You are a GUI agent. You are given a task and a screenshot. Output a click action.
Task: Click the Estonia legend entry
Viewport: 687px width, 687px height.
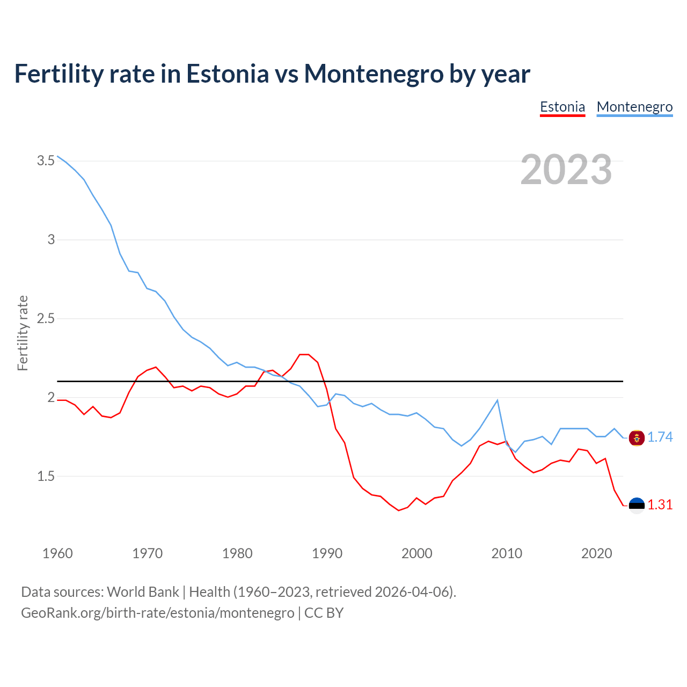(x=562, y=107)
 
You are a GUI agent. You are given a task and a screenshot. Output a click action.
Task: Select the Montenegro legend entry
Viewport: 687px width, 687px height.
(x=634, y=107)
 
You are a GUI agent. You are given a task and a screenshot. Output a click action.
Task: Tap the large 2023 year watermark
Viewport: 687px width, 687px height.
(x=566, y=170)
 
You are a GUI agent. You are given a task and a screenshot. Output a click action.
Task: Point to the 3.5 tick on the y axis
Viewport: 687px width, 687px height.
(x=46, y=160)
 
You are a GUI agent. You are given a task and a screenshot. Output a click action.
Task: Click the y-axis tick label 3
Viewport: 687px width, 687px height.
(x=52, y=239)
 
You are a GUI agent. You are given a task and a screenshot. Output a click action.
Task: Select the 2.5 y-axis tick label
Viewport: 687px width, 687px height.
(x=46, y=318)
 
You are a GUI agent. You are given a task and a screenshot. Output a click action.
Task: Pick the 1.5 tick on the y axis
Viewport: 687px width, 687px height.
(x=46, y=476)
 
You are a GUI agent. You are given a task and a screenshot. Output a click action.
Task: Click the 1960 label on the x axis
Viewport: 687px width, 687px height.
(x=57, y=553)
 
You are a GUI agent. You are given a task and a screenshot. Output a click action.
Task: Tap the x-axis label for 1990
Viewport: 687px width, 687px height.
(x=327, y=553)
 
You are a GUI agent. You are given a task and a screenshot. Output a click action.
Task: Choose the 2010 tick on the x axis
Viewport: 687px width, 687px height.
(x=507, y=553)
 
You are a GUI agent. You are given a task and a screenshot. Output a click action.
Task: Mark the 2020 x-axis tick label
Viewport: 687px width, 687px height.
(x=596, y=553)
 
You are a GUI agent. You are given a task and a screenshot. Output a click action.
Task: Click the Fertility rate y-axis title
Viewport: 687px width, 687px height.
(x=23, y=333)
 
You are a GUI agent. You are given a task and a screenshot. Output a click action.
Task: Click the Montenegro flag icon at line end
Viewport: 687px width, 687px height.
(x=637, y=438)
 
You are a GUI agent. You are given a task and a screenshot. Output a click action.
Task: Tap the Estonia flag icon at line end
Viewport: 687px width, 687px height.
(x=637, y=506)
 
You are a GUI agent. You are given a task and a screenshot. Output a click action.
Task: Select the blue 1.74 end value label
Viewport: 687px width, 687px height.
(x=660, y=437)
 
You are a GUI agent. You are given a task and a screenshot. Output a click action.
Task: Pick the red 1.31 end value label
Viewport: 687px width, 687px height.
(x=660, y=505)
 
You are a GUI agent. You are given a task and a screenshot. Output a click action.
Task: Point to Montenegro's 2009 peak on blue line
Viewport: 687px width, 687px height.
(x=498, y=400)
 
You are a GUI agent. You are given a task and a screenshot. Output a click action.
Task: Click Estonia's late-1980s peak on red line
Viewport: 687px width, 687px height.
(x=304, y=354)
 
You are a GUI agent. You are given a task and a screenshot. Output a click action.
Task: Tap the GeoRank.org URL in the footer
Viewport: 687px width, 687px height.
(x=157, y=613)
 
